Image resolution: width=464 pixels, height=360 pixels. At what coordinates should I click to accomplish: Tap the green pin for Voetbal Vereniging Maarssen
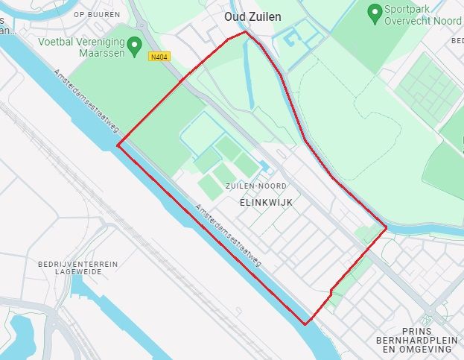[135, 47]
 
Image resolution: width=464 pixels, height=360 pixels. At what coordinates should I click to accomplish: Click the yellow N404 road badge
[158, 57]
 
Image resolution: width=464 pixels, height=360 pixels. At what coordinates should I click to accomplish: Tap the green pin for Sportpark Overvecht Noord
[374, 12]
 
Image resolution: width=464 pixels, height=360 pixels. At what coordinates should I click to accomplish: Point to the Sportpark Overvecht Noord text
[422, 16]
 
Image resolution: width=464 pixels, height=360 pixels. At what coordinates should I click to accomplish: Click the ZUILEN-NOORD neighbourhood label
[256, 186]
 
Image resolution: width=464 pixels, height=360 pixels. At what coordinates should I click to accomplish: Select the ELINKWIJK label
[266, 202]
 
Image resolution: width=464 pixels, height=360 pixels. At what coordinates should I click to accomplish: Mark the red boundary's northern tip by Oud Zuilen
[245, 32]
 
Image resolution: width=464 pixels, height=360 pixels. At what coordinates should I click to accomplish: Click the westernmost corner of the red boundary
[118, 146]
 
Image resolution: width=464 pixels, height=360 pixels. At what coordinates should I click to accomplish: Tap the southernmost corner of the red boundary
[305, 324]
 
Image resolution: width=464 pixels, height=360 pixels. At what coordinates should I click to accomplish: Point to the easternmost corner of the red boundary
[386, 227]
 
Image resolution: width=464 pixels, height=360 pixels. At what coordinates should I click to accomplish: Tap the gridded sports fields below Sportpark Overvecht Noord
[428, 89]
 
